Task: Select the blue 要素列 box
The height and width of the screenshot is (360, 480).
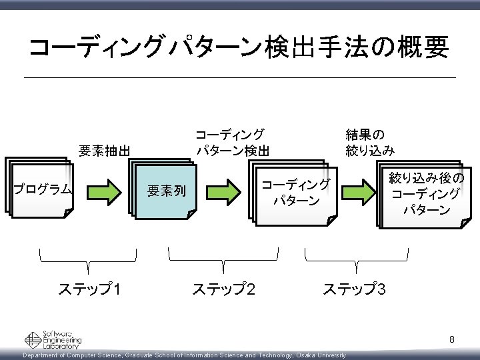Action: [x=166, y=191]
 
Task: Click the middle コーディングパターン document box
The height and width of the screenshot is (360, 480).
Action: [x=294, y=192]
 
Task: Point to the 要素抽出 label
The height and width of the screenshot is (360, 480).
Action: [x=104, y=150]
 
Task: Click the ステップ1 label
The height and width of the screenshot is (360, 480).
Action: [x=89, y=289]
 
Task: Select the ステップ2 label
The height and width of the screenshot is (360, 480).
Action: [x=223, y=289]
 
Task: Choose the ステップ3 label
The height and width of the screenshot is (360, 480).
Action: [x=354, y=289]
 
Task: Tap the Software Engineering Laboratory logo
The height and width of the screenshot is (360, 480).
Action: [x=53, y=339]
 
